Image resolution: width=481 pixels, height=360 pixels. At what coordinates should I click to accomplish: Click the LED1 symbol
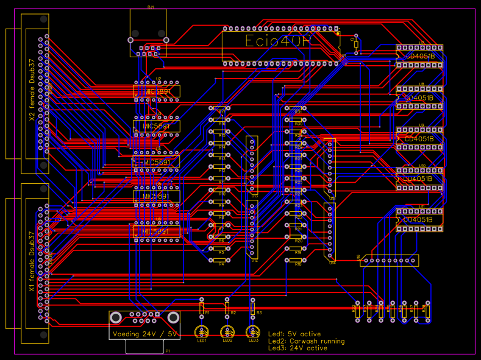(x=202, y=332)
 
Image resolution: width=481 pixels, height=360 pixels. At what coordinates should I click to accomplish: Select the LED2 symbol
(x=227, y=332)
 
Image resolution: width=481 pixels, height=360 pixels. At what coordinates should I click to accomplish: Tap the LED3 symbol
(x=253, y=332)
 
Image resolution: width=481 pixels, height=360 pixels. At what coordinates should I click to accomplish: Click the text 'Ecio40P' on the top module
(x=278, y=41)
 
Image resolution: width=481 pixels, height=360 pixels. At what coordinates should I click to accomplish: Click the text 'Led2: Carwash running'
(x=306, y=341)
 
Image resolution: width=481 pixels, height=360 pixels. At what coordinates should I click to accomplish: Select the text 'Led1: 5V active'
(x=294, y=334)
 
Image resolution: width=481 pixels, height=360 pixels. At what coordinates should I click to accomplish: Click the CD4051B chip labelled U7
(x=419, y=56)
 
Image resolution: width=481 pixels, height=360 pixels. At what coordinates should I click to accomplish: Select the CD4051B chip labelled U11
(x=419, y=219)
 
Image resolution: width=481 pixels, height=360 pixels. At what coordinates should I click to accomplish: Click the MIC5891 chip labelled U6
(x=157, y=232)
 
